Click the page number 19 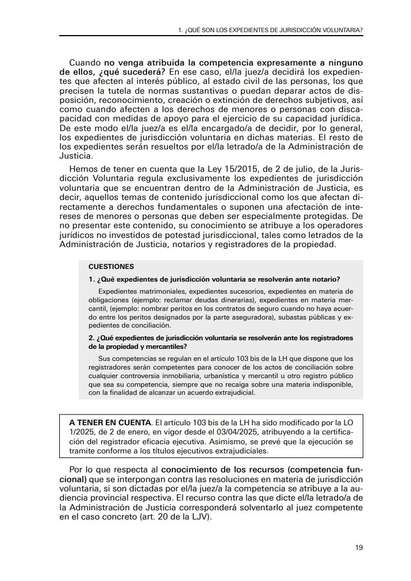tap(359, 547)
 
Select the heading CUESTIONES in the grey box tap(111, 267)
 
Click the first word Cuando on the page tap(84, 61)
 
